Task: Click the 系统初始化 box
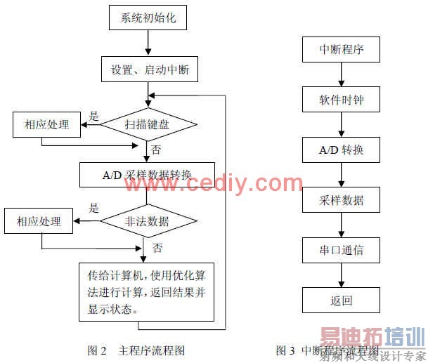(148, 17)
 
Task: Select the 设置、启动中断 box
(149, 70)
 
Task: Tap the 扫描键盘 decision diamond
(148, 125)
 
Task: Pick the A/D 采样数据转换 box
(147, 173)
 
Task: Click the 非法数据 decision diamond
(148, 221)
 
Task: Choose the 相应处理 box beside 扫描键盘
(47, 124)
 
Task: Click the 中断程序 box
(341, 49)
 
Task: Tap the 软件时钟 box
(341, 100)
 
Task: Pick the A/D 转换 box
(341, 150)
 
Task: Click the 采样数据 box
(341, 201)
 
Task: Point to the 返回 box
(341, 301)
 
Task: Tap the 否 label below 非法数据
(157, 247)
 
